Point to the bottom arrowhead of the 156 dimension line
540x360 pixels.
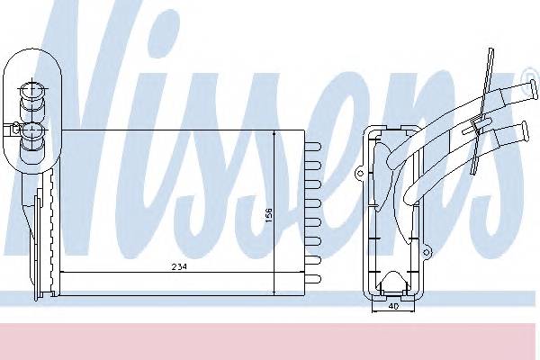point(274,292)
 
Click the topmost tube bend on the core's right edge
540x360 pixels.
point(311,145)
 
